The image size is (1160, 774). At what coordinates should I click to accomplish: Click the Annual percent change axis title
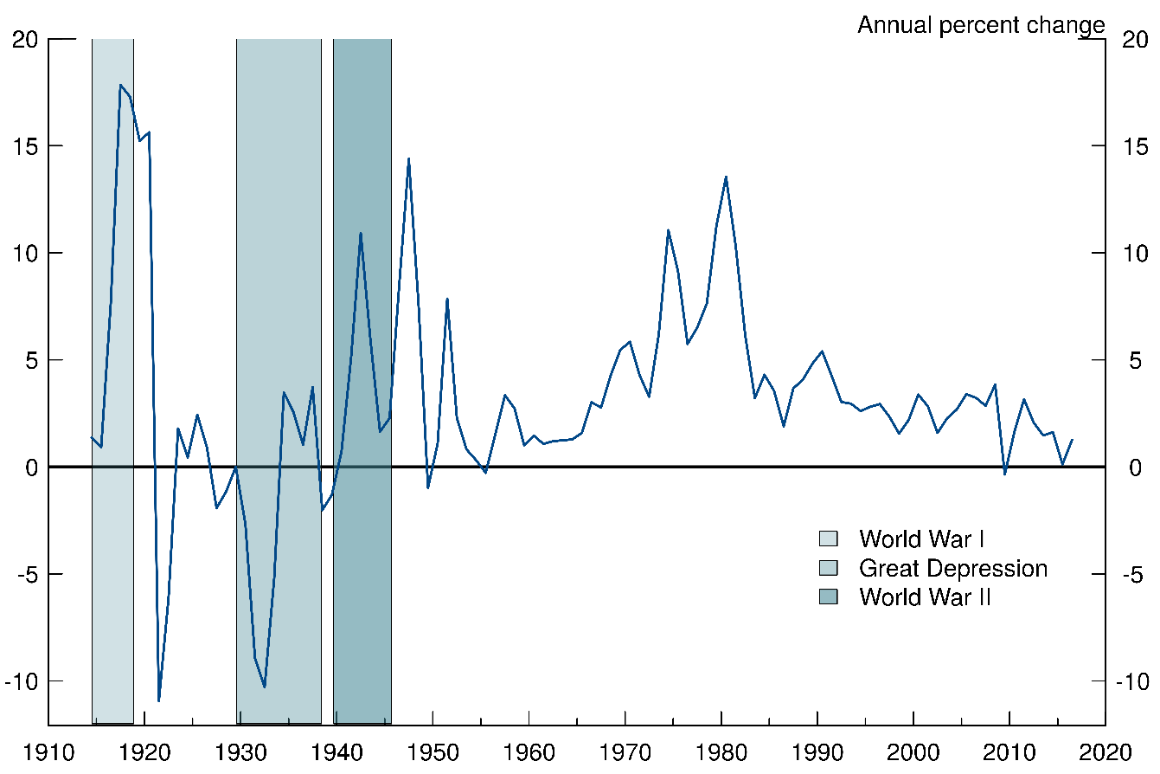[x=981, y=25]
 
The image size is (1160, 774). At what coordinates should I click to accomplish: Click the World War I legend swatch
[x=828, y=539]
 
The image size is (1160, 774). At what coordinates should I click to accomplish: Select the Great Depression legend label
[x=952, y=569]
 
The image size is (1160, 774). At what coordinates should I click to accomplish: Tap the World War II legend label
[x=924, y=597]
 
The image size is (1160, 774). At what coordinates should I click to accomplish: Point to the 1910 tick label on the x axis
[x=48, y=750]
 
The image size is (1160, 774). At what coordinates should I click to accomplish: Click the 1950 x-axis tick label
[x=433, y=750]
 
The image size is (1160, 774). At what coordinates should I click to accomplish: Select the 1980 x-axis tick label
[x=721, y=750]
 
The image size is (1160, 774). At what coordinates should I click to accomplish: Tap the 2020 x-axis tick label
[x=1105, y=750]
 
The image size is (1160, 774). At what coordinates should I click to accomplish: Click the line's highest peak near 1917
[x=120, y=85]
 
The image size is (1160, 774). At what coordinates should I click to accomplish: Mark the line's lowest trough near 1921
[x=159, y=700]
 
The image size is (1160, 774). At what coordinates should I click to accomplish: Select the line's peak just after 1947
[x=408, y=158]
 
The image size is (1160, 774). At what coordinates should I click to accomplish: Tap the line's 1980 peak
[x=726, y=177]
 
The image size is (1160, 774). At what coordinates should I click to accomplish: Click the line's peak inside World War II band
[x=361, y=233]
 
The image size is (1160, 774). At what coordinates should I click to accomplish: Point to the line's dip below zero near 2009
[x=1004, y=474]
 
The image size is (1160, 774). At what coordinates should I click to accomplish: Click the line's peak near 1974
[x=668, y=230]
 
